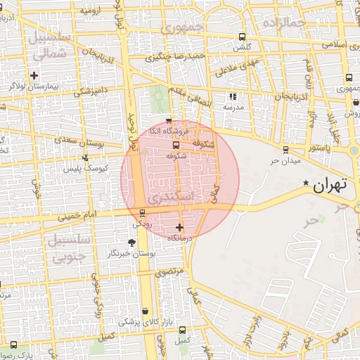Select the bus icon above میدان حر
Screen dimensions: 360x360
click(285, 149)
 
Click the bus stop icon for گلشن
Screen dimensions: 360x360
click(243, 37)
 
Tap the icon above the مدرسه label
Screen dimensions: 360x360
click(233, 96)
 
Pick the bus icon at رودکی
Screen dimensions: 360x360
click(143, 213)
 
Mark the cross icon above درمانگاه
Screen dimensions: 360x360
click(180, 227)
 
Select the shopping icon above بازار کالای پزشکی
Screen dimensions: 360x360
click(146, 311)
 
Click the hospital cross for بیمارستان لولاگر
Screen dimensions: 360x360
click(34, 75)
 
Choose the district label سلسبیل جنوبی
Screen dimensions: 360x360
click(69, 248)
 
